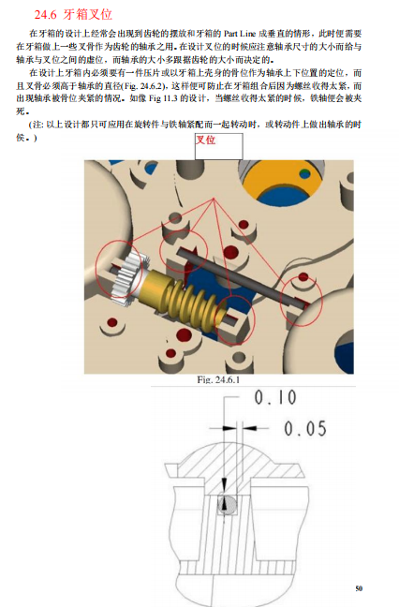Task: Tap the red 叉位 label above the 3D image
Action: (x=205, y=141)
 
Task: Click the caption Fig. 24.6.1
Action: (x=218, y=380)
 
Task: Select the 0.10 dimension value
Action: (x=273, y=397)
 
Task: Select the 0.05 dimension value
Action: (x=304, y=428)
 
